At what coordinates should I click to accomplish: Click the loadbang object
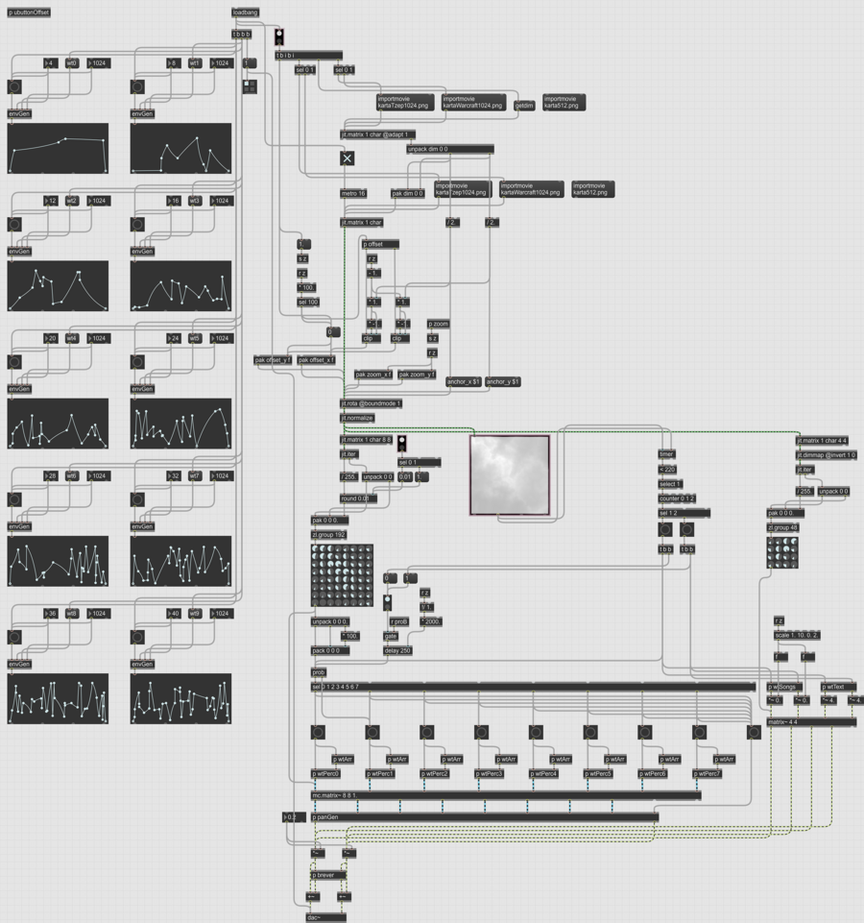[245, 12]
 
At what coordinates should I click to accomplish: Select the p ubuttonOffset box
[29, 12]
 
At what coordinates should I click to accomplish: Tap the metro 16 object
[353, 193]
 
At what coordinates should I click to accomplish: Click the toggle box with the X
[348, 158]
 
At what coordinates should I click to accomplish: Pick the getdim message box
[524, 106]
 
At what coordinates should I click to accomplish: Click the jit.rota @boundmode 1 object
[372, 404]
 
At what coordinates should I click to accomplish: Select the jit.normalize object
[356, 419]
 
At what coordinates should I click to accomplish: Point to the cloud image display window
[510, 475]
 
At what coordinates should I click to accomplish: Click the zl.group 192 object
[329, 534]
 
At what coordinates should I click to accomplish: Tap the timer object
[666, 454]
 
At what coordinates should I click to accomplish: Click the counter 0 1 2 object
[676, 498]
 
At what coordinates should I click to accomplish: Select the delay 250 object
[397, 651]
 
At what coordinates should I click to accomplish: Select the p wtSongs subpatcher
[784, 687]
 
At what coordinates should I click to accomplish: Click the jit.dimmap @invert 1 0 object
[827, 454]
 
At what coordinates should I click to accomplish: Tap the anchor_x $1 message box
[465, 382]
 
